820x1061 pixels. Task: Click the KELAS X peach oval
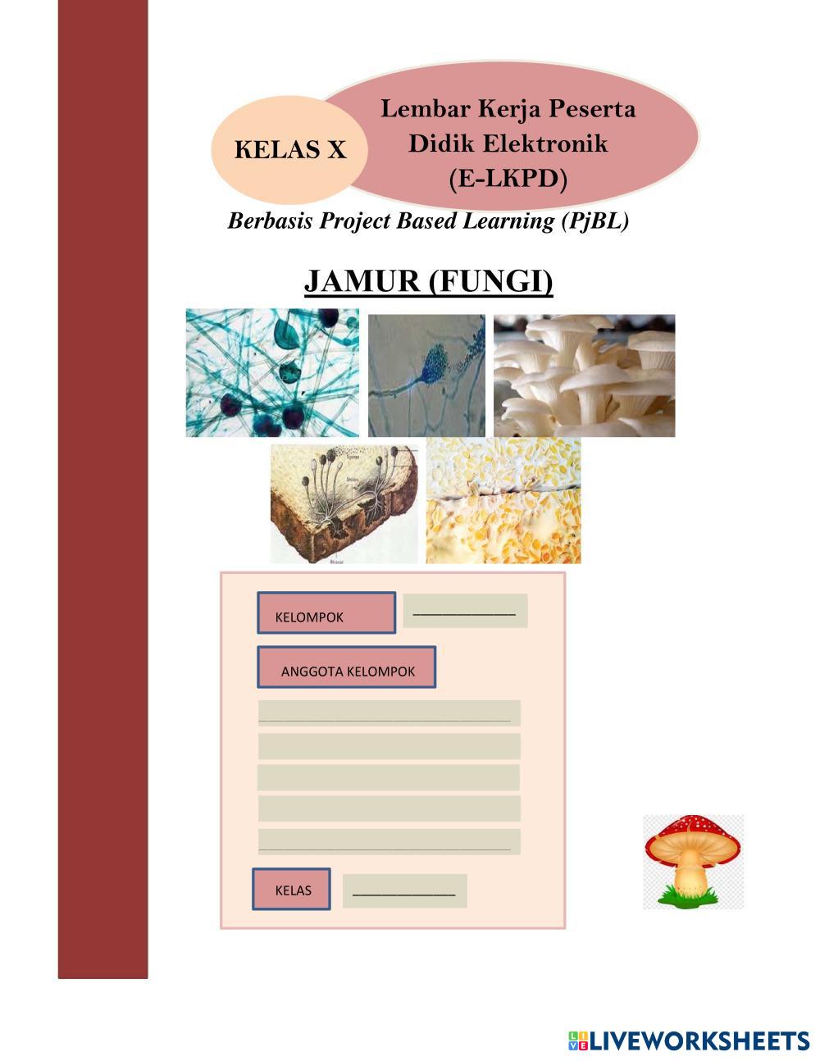click(289, 150)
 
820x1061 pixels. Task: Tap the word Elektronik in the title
click(545, 143)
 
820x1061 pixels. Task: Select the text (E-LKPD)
click(508, 179)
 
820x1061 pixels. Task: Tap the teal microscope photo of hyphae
click(272, 372)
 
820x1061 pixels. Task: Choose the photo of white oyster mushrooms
click(584, 376)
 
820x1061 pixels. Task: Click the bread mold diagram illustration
click(344, 504)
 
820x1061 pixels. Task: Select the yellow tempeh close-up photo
click(503, 500)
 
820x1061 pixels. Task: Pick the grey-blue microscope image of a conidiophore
click(426, 376)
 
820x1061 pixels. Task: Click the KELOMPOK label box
click(326, 612)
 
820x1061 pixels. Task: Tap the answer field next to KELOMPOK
click(465, 611)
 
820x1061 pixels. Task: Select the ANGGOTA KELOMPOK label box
click(347, 667)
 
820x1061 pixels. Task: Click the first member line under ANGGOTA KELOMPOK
click(389, 713)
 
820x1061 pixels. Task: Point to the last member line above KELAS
click(389, 842)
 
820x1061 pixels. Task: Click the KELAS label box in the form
click(291, 889)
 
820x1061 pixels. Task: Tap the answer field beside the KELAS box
click(405, 891)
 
